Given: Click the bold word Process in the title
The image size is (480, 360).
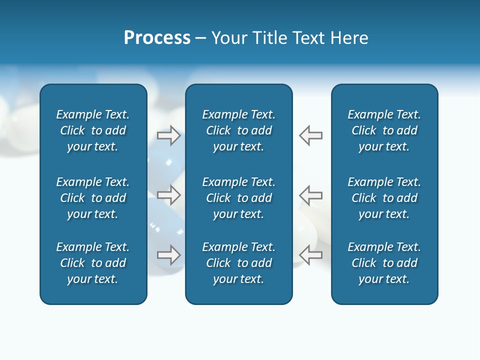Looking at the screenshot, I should click(x=157, y=38).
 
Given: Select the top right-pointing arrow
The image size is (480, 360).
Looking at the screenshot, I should click(x=168, y=135).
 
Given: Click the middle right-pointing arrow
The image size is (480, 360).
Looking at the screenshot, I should click(x=168, y=195).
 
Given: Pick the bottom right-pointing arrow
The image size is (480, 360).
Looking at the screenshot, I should click(x=168, y=255).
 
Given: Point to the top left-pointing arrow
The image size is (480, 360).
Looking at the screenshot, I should click(x=311, y=135).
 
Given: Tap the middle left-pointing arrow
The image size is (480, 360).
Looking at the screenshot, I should click(x=311, y=195).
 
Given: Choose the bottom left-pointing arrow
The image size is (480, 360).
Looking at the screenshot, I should click(x=311, y=255).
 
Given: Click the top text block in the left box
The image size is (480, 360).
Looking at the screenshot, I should click(x=93, y=130).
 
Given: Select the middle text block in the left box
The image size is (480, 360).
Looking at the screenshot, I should click(x=93, y=198).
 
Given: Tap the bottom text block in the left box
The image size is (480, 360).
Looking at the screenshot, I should click(x=93, y=263).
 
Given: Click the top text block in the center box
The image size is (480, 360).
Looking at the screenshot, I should click(x=239, y=130).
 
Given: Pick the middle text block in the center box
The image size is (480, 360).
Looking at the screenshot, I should click(x=239, y=198).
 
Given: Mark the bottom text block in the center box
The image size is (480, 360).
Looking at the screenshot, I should click(x=239, y=263).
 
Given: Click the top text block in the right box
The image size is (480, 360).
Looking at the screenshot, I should click(x=384, y=130).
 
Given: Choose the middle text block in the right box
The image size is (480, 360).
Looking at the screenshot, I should click(x=384, y=198).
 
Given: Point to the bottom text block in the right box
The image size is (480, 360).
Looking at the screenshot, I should click(x=384, y=263).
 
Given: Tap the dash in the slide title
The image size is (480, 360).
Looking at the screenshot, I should click(x=200, y=38).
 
